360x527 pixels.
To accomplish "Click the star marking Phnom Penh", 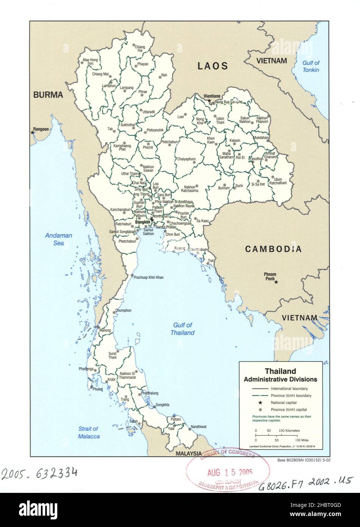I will point(276,282).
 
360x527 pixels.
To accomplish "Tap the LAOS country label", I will point(213,66).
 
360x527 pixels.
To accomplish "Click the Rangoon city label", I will point(41,129).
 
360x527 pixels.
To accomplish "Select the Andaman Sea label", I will point(58,239).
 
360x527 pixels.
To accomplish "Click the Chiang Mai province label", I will point(100,74).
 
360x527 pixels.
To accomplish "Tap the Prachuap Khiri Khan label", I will point(149,278).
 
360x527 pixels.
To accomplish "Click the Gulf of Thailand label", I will point(183,329).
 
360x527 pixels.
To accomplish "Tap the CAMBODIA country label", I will point(273,249).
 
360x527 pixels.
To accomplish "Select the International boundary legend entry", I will point(289,389).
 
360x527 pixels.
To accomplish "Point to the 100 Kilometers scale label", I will point(289,431).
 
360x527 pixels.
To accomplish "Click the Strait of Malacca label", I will point(89,433).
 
